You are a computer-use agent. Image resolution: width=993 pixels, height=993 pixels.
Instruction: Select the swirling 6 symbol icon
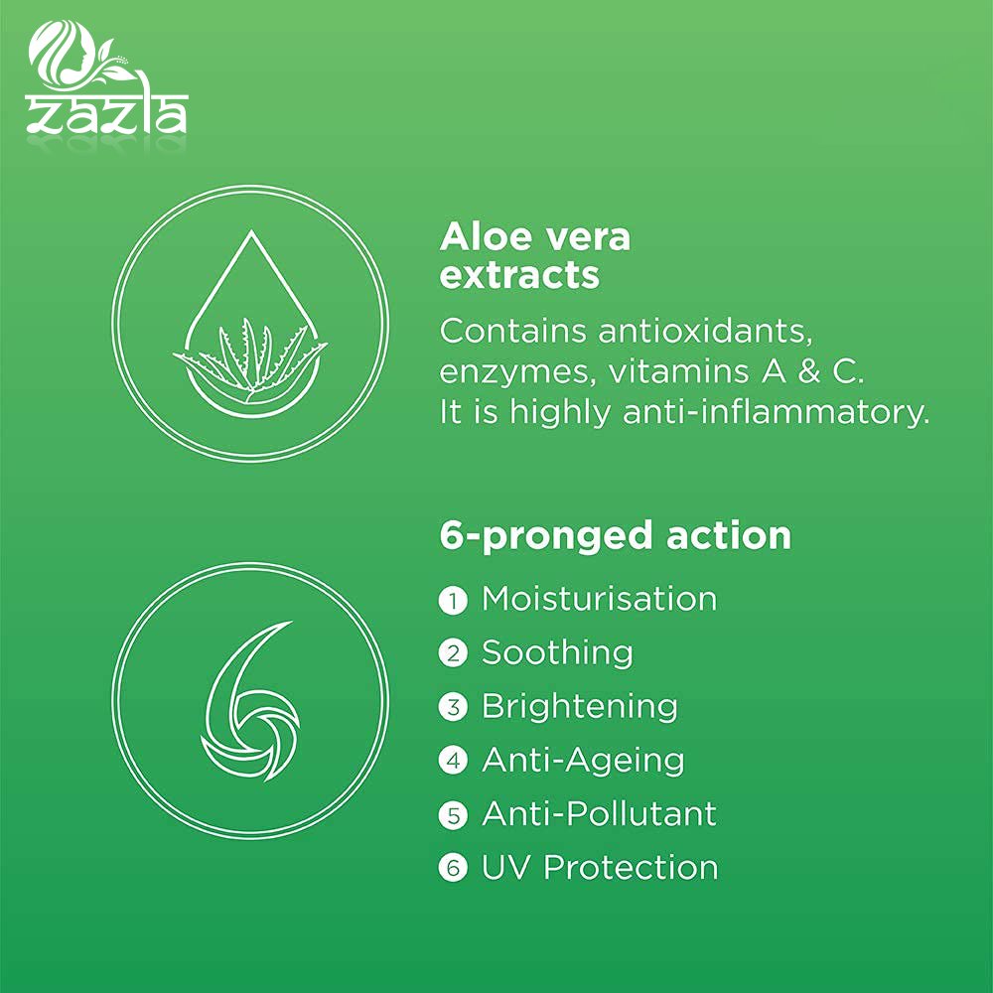[x=250, y=700]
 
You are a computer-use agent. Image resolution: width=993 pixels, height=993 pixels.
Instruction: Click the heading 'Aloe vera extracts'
[x=535, y=255]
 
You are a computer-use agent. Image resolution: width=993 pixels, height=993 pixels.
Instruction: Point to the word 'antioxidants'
[x=705, y=331]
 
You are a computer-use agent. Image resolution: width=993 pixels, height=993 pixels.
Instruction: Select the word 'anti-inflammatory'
[x=777, y=412]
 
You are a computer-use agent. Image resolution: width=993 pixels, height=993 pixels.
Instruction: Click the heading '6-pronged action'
[x=615, y=537]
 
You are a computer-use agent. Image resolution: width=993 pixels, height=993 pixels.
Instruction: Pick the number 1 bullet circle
[x=453, y=600]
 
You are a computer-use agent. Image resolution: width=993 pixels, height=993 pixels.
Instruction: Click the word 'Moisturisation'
[x=599, y=599]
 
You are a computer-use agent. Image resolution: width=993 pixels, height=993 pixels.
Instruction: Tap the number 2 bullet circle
[x=453, y=653]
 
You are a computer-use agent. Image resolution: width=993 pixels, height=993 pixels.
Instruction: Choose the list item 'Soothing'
[x=557, y=653]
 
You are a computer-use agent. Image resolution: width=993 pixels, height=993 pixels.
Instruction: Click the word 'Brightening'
[x=580, y=707]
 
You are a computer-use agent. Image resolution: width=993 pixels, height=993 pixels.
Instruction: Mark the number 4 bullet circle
[x=453, y=761]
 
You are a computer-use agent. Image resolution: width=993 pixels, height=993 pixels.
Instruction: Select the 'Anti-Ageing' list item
[x=583, y=761]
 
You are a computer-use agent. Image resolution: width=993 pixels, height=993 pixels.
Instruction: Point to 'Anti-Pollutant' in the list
[x=599, y=814]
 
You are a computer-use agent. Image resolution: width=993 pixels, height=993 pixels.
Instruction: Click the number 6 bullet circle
[x=453, y=868]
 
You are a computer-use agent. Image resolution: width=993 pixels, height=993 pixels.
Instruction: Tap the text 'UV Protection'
[x=600, y=868]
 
